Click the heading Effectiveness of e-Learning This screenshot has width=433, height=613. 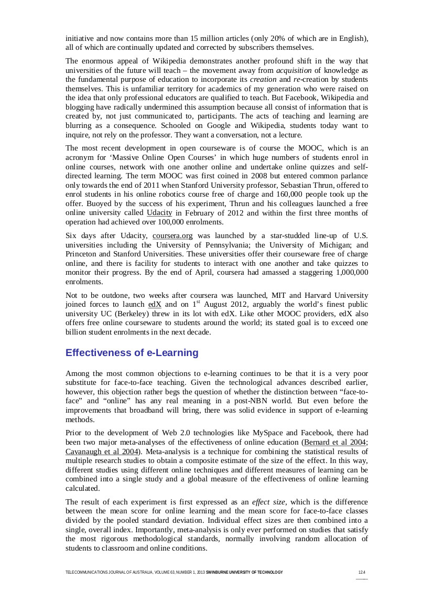[x=132, y=353]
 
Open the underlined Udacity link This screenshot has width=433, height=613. [x=159, y=213]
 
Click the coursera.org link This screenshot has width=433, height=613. [x=172, y=236]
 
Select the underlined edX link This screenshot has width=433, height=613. [x=155, y=305]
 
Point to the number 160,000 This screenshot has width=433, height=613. [x=284, y=195]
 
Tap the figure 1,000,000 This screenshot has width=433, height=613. [x=351, y=273]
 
